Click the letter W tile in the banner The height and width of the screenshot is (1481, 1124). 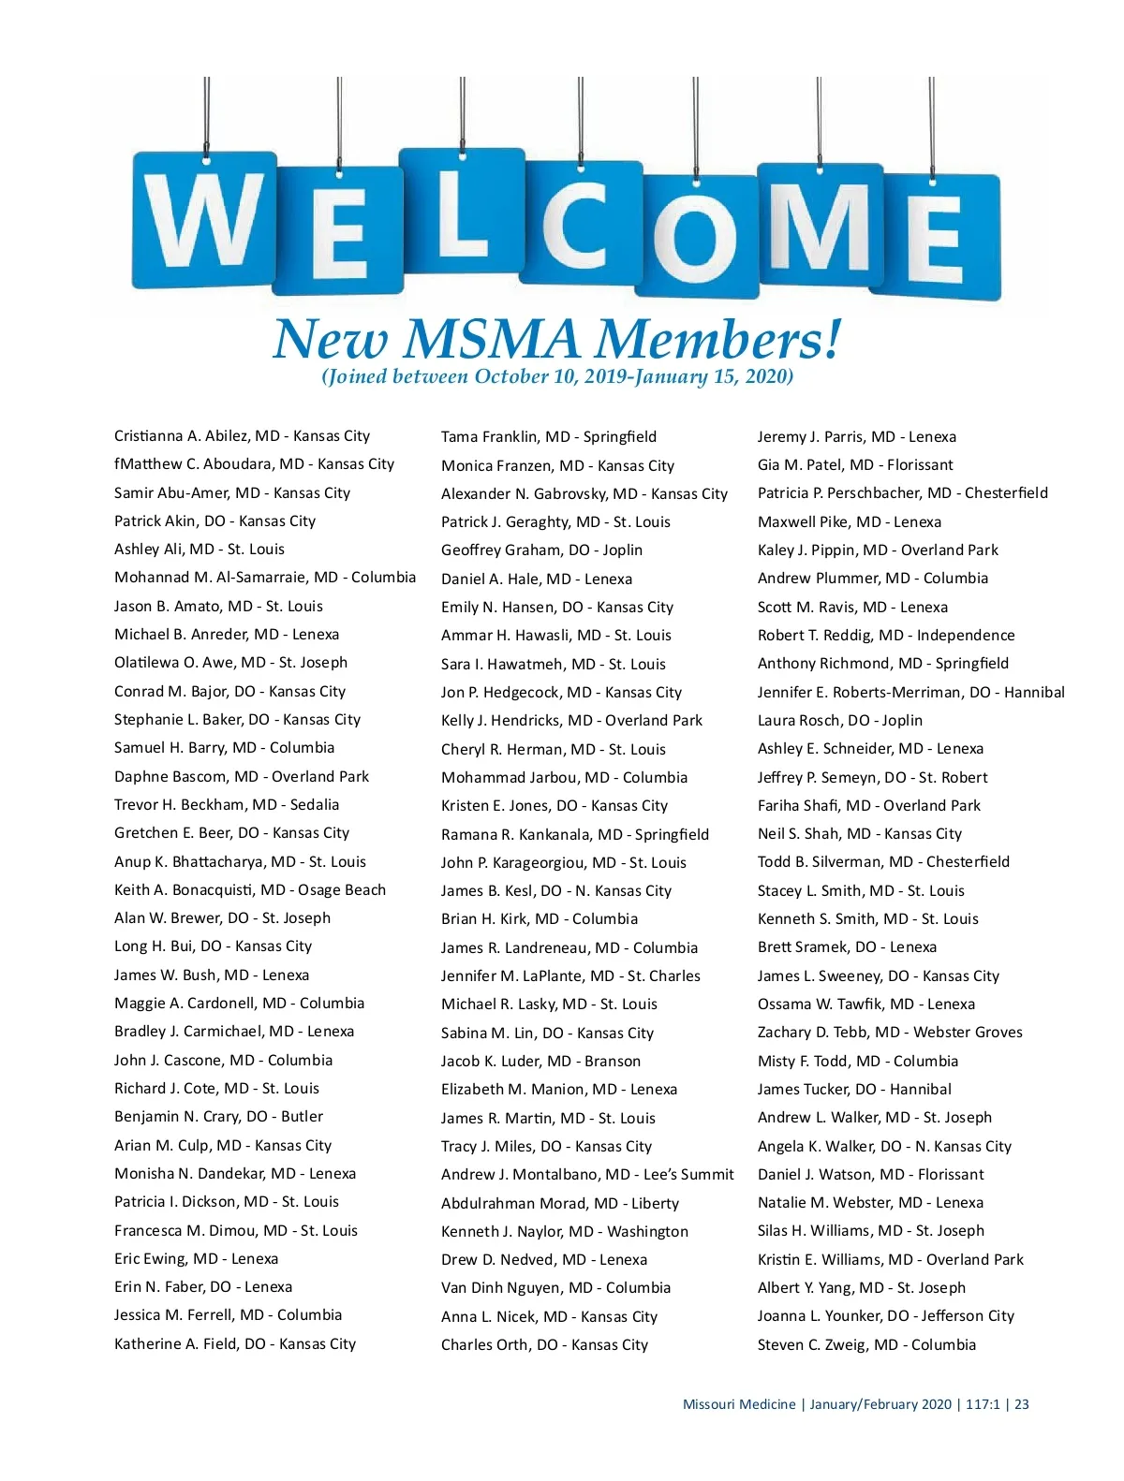[x=205, y=221]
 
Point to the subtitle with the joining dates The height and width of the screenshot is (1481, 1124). [x=557, y=377]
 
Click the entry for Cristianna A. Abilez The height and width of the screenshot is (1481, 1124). [x=242, y=436]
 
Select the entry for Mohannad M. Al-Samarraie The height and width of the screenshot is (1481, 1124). [x=265, y=578]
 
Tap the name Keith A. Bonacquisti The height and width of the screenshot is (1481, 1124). [x=250, y=890]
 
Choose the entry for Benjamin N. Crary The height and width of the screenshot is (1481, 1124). [x=218, y=1117]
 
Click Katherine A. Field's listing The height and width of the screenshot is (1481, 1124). [x=235, y=1344]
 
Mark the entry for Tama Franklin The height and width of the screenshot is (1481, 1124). [x=549, y=437]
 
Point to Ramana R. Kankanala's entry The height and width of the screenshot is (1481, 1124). [x=575, y=835]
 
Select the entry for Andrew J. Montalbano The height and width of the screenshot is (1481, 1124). [x=587, y=1175]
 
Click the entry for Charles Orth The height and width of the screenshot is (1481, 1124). [x=544, y=1345]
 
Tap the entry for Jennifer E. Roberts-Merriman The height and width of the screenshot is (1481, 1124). [x=910, y=693]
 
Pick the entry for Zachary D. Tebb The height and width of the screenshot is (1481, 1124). [x=890, y=1033]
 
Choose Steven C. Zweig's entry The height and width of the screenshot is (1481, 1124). [x=866, y=1345]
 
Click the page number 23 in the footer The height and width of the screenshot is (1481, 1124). [x=1022, y=1404]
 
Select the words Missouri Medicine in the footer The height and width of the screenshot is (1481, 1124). [x=739, y=1404]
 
